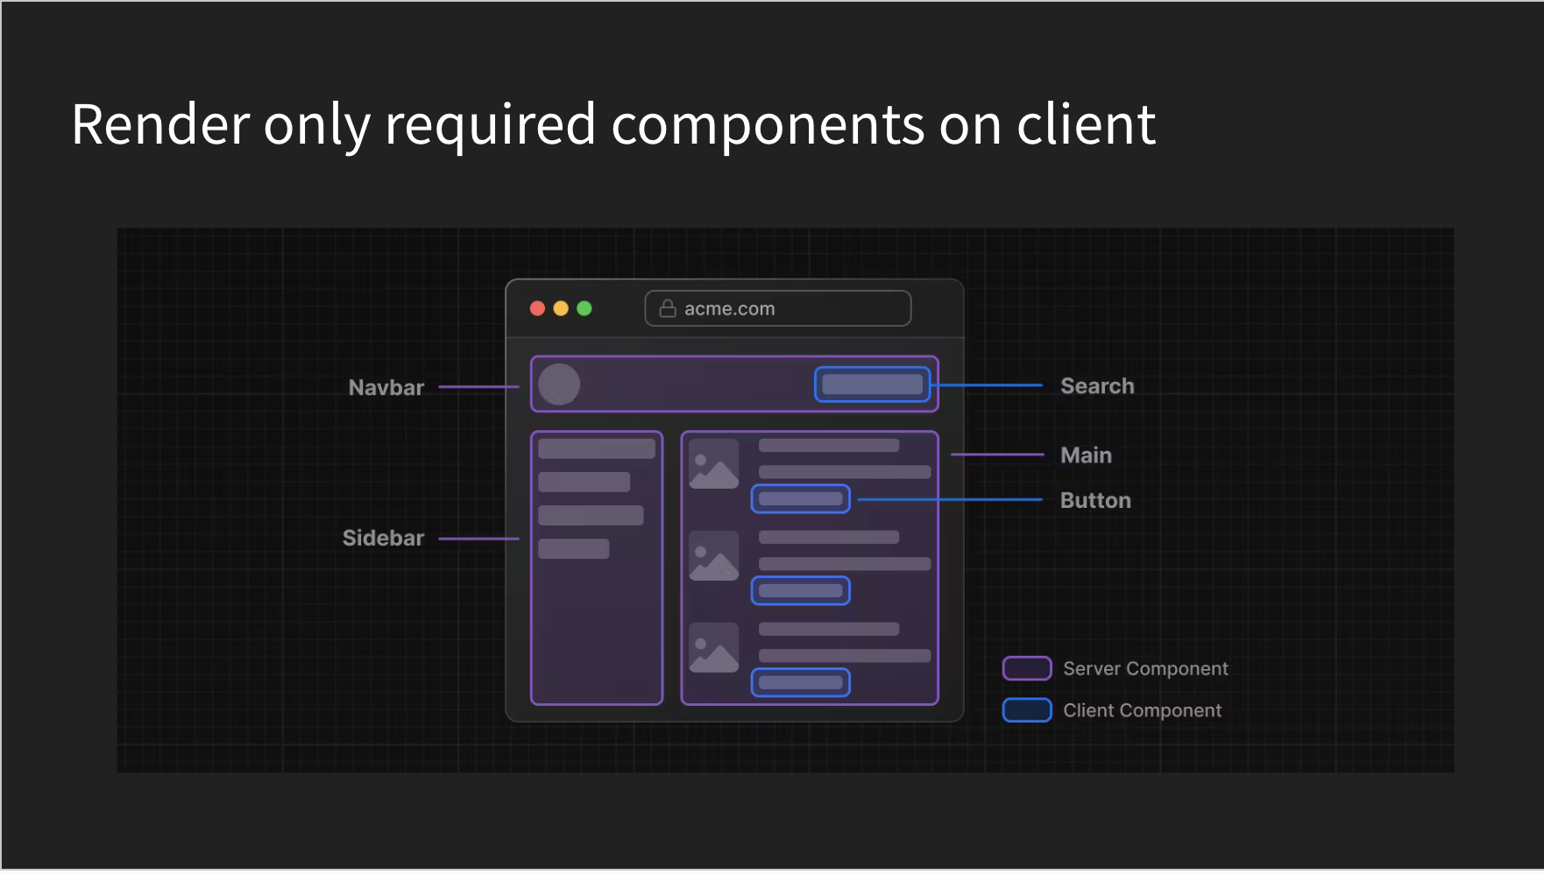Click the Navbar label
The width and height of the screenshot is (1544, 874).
tap(386, 388)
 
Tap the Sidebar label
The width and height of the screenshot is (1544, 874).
tap(383, 538)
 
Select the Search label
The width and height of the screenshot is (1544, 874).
tap(1097, 386)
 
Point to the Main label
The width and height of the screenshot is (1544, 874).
tap(1086, 455)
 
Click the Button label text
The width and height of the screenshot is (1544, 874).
tap(1095, 500)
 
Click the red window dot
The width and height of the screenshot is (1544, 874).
tap(538, 308)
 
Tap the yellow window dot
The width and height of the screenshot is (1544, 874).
tap(561, 308)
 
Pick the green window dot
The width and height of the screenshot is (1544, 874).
tap(584, 308)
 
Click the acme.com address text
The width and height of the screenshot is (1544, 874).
tap(729, 309)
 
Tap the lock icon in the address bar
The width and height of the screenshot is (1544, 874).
tap(668, 308)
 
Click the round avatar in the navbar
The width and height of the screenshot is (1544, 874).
tap(559, 384)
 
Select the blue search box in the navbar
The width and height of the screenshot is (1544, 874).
tap(872, 384)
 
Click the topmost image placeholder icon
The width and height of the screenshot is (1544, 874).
tap(714, 464)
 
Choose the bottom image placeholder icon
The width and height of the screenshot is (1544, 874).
tap(714, 647)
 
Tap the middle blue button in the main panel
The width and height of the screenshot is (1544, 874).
tap(801, 591)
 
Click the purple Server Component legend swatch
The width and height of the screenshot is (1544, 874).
tap(1027, 668)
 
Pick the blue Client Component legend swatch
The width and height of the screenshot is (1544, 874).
tap(1027, 710)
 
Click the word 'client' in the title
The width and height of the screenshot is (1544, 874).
tap(1086, 124)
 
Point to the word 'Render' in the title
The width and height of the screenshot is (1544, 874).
tap(160, 124)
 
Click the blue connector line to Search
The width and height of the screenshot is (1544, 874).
tap(987, 385)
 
